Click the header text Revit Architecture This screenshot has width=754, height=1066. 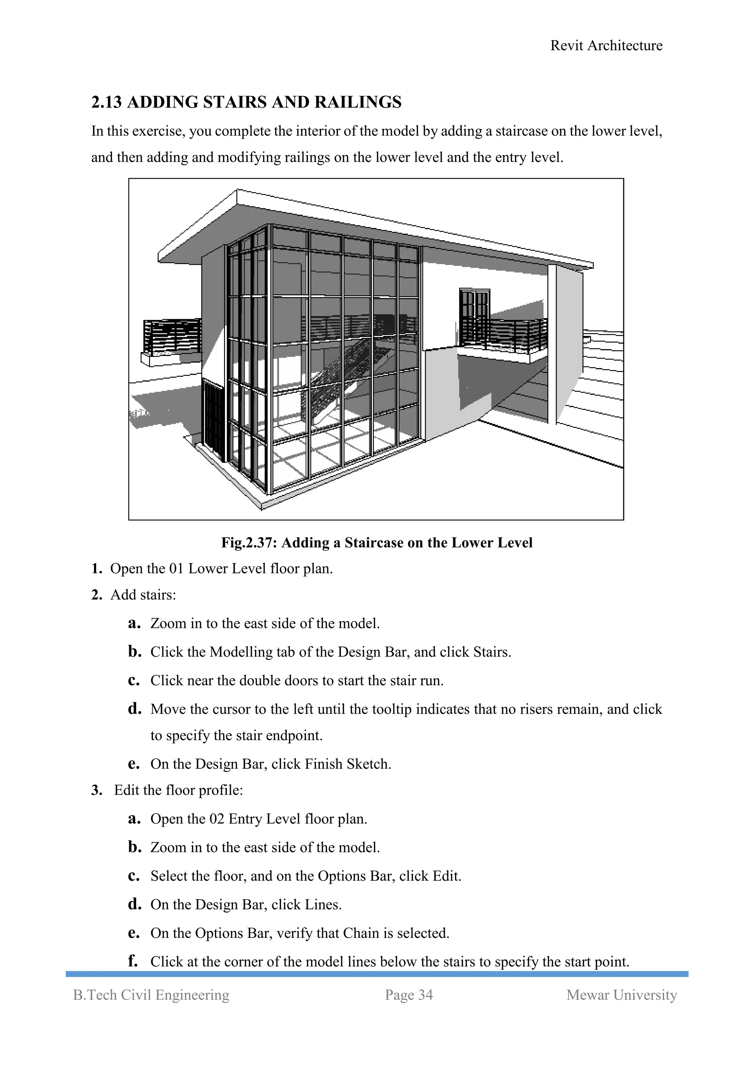point(606,46)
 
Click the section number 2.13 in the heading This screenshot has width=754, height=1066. point(106,102)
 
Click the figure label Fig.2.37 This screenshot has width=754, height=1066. point(249,542)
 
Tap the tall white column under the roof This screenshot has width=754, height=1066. point(552,344)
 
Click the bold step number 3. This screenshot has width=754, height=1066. point(96,790)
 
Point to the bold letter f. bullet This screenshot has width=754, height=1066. point(133,961)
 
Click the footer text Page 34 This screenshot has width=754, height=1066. point(409,995)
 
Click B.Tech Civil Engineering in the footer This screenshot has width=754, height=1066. point(151,995)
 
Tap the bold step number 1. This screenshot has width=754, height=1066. point(96,569)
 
